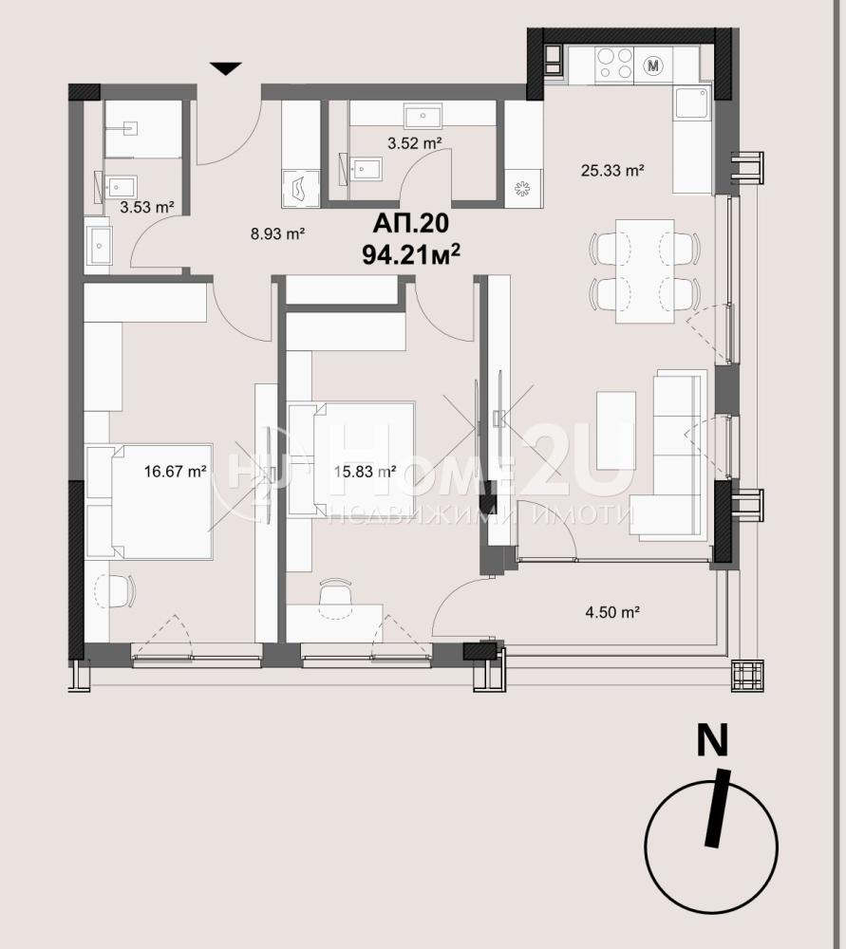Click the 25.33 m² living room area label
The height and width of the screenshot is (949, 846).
[611, 171]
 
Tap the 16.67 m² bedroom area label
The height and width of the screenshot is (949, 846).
[176, 471]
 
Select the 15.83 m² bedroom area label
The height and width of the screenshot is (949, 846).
[366, 471]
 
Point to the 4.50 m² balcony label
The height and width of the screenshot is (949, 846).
[612, 612]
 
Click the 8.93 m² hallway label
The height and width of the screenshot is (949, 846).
[277, 233]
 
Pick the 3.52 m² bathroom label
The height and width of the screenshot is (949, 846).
[414, 143]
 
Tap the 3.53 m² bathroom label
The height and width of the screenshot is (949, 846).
[147, 208]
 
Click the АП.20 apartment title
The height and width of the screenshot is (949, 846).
[411, 223]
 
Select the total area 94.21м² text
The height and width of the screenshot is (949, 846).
[411, 254]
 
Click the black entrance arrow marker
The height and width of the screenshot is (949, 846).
[226, 67]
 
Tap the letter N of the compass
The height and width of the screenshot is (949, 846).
[713, 740]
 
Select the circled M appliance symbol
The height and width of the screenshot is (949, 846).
[653, 65]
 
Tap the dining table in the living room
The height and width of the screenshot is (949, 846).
[645, 271]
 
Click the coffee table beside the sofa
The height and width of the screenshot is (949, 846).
[616, 430]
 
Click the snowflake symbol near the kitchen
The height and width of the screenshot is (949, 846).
[522, 189]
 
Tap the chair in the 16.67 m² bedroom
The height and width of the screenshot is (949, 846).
[116, 591]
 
